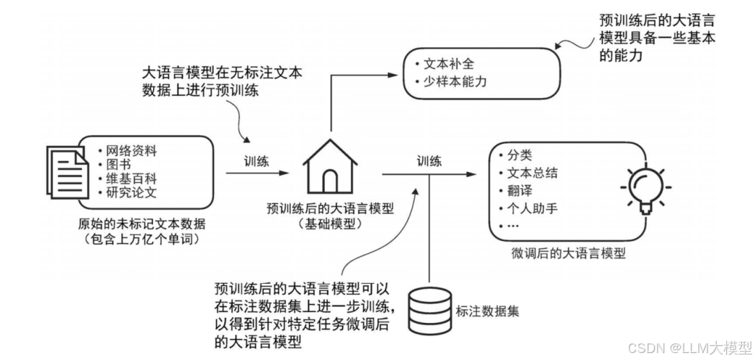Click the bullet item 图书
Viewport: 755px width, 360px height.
120,165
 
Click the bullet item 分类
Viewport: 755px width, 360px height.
517,155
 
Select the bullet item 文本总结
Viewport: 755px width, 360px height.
531,173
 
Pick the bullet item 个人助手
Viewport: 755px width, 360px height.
531,208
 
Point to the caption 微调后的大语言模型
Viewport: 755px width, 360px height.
568,253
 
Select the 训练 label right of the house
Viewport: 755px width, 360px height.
429,160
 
